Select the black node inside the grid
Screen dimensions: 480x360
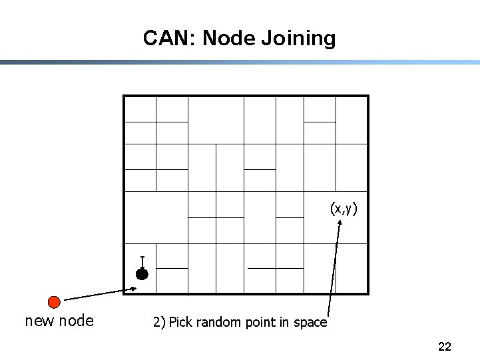[142, 273]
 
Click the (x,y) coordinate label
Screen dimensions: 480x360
[344, 209]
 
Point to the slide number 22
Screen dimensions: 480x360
[445, 346]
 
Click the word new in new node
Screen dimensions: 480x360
[38, 321]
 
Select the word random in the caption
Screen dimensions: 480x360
[218, 323]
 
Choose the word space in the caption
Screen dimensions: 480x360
[310, 323]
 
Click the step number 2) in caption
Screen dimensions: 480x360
[158, 323]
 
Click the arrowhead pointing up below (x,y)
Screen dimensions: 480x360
[340, 224]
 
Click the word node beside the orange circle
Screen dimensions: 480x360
[77, 321]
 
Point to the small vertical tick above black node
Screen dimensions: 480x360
[142, 262]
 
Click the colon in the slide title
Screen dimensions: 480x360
[194, 39]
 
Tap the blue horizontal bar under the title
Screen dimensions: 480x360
[240, 63]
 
